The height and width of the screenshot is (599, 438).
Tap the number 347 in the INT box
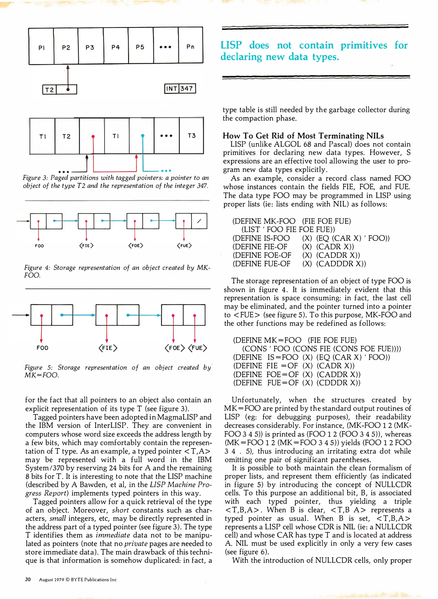coord(187,88)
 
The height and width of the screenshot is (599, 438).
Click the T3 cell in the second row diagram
coord(191,136)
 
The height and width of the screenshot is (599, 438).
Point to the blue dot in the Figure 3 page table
coord(143,136)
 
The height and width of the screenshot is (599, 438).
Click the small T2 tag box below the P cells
coord(49,90)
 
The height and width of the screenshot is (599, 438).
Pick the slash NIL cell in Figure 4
coord(199,221)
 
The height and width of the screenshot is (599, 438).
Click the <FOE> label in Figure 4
coord(135,245)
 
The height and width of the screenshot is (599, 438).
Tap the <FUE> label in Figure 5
coord(197,348)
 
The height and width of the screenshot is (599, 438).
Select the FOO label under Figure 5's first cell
coord(42,348)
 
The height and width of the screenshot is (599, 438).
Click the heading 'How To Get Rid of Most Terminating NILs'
coord(303,136)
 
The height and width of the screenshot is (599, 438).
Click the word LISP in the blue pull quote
coord(231,45)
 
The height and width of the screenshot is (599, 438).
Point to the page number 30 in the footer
coord(28,579)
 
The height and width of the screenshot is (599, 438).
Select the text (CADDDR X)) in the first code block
coord(341,264)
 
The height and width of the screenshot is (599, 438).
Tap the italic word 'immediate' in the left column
coord(113,535)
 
